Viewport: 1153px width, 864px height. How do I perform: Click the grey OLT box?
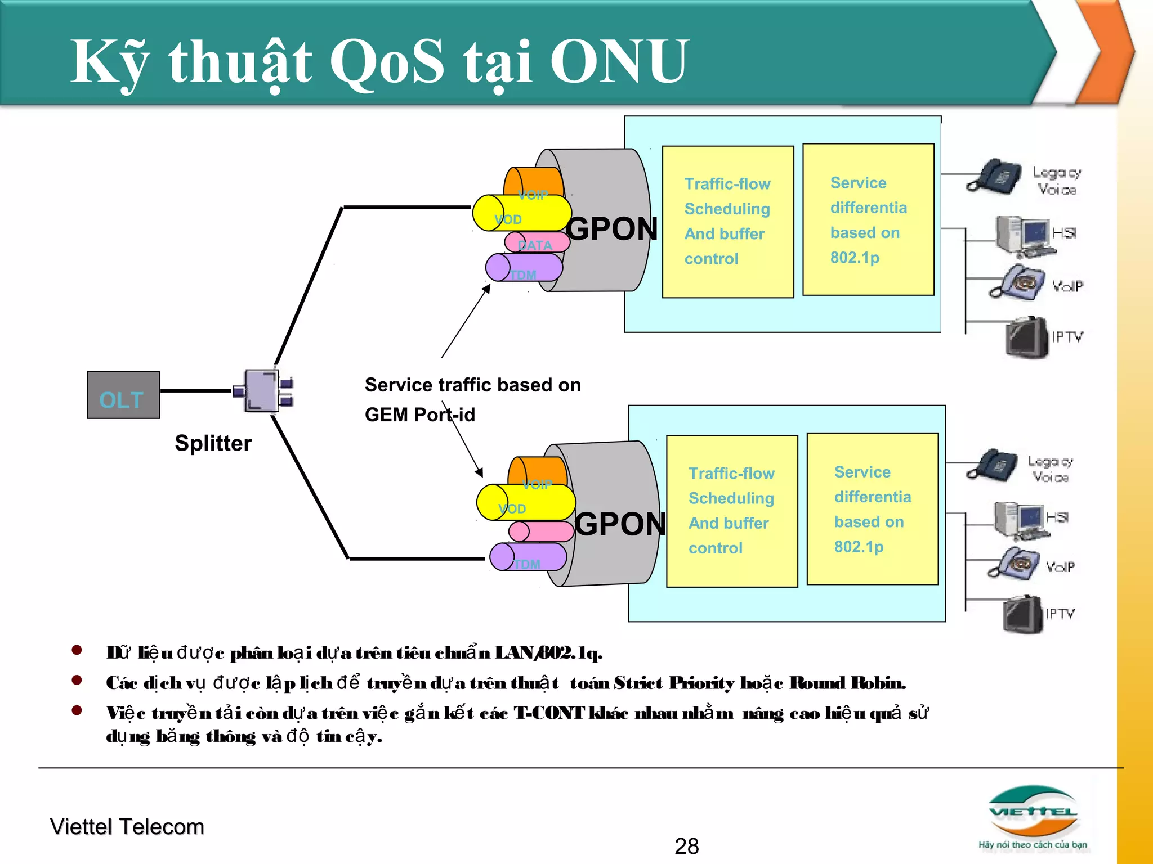pyautogui.click(x=123, y=395)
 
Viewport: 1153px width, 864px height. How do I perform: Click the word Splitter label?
pyautogui.click(x=213, y=443)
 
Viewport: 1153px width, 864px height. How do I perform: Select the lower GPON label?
pyautogui.click(x=620, y=524)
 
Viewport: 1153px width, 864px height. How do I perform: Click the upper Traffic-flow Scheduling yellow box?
pyautogui.click(x=727, y=222)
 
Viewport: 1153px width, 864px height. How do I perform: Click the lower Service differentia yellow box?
pyautogui.click(x=872, y=509)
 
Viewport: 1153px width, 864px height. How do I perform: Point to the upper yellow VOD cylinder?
pyautogui.click(x=521, y=214)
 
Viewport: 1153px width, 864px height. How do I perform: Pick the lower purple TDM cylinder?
pyautogui.click(x=528, y=557)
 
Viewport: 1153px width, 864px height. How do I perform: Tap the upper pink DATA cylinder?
pyautogui.click(x=537, y=242)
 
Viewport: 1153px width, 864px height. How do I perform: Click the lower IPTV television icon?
pyautogui.click(x=1023, y=614)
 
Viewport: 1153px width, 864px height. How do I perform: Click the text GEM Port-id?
pyautogui.click(x=419, y=415)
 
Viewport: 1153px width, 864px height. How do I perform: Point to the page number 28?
pyautogui.click(x=686, y=846)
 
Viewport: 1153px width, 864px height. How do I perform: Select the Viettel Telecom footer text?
pyautogui.click(x=127, y=827)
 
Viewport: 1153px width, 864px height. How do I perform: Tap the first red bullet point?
pyautogui.click(x=77, y=651)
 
